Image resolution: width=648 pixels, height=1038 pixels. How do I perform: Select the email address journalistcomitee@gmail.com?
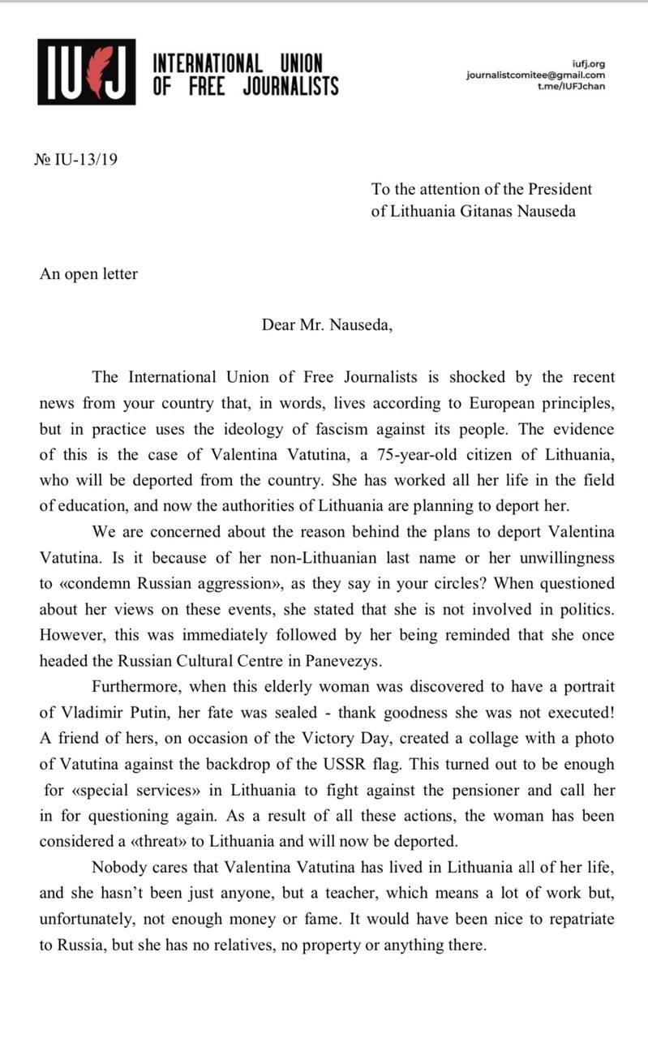point(535,75)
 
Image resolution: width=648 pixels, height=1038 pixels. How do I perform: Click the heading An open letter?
point(88,273)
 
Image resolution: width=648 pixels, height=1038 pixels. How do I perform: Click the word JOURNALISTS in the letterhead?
point(290,87)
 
